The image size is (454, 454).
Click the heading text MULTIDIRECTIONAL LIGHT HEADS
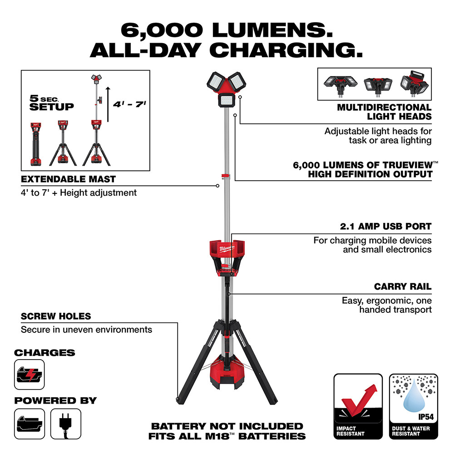[x=384, y=112]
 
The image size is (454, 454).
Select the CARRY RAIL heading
[x=403, y=286]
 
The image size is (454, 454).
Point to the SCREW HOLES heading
[x=56, y=316]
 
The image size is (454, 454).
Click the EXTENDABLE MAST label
[x=68, y=179]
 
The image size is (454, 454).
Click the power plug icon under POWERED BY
[x=66, y=423]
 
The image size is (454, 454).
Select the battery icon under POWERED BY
[x=30, y=423]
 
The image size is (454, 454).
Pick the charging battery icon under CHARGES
[x=30, y=375]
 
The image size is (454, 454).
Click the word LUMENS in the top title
[x=268, y=29]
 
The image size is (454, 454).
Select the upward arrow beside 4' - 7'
[x=108, y=104]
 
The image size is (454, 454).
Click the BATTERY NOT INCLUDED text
[x=227, y=426]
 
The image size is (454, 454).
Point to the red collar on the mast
[x=226, y=177]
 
